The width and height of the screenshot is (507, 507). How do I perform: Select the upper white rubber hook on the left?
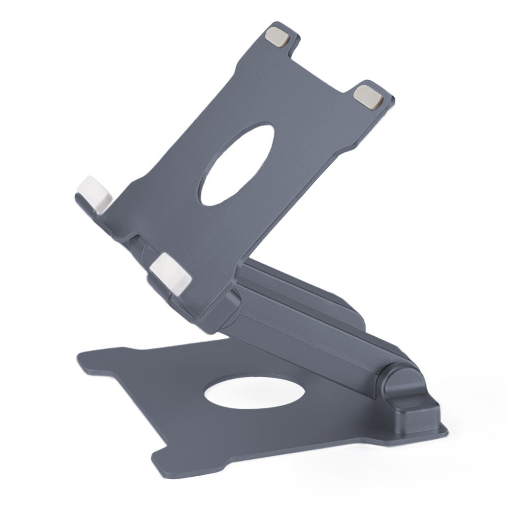[x=95, y=194]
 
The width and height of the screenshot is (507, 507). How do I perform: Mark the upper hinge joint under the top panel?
[x=233, y=304]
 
